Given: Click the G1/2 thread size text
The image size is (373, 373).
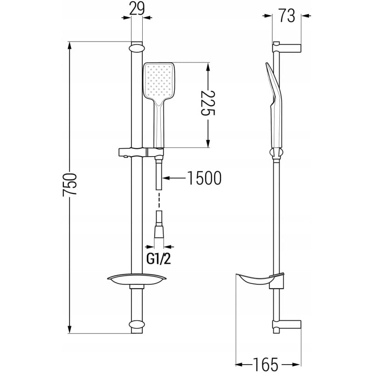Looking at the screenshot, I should pyautogui.click(x=159, y=258).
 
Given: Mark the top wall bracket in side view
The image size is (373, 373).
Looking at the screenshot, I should pyautogui.click(x=287, y=47).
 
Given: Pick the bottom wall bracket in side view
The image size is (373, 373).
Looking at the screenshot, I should pyautogui.click(x=287, y=325).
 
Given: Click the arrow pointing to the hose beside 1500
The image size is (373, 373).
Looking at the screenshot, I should pyautogui.click(x=175, y=178).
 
